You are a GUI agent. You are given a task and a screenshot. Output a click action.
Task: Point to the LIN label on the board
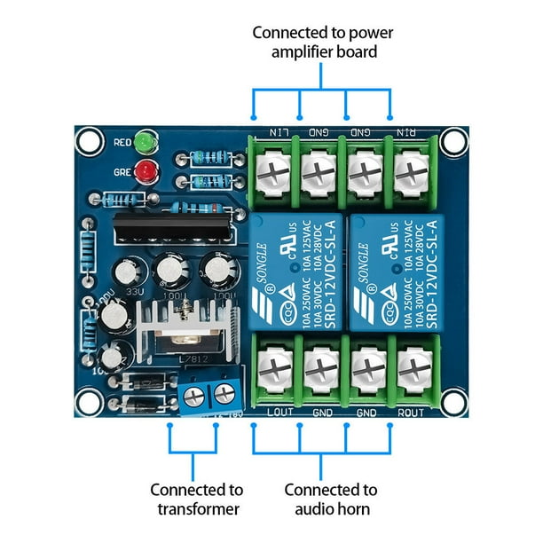(x=279, y=132)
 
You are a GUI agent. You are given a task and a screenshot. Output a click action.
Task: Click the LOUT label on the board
(x=279, y=413)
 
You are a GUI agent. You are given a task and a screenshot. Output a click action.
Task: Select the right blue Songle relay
(x=397, y=272)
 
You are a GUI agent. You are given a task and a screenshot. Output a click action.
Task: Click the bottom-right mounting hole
(x=454, y=402)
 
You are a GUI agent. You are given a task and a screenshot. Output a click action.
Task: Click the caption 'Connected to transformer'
(x=195, y=499)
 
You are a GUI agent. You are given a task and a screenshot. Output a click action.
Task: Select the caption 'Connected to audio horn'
(x=331, y=499)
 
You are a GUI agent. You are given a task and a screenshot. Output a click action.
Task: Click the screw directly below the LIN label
(x=274, y=164)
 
